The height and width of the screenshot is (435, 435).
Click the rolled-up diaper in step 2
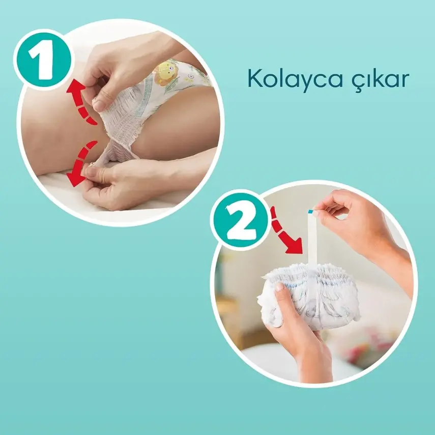(310, 295)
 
